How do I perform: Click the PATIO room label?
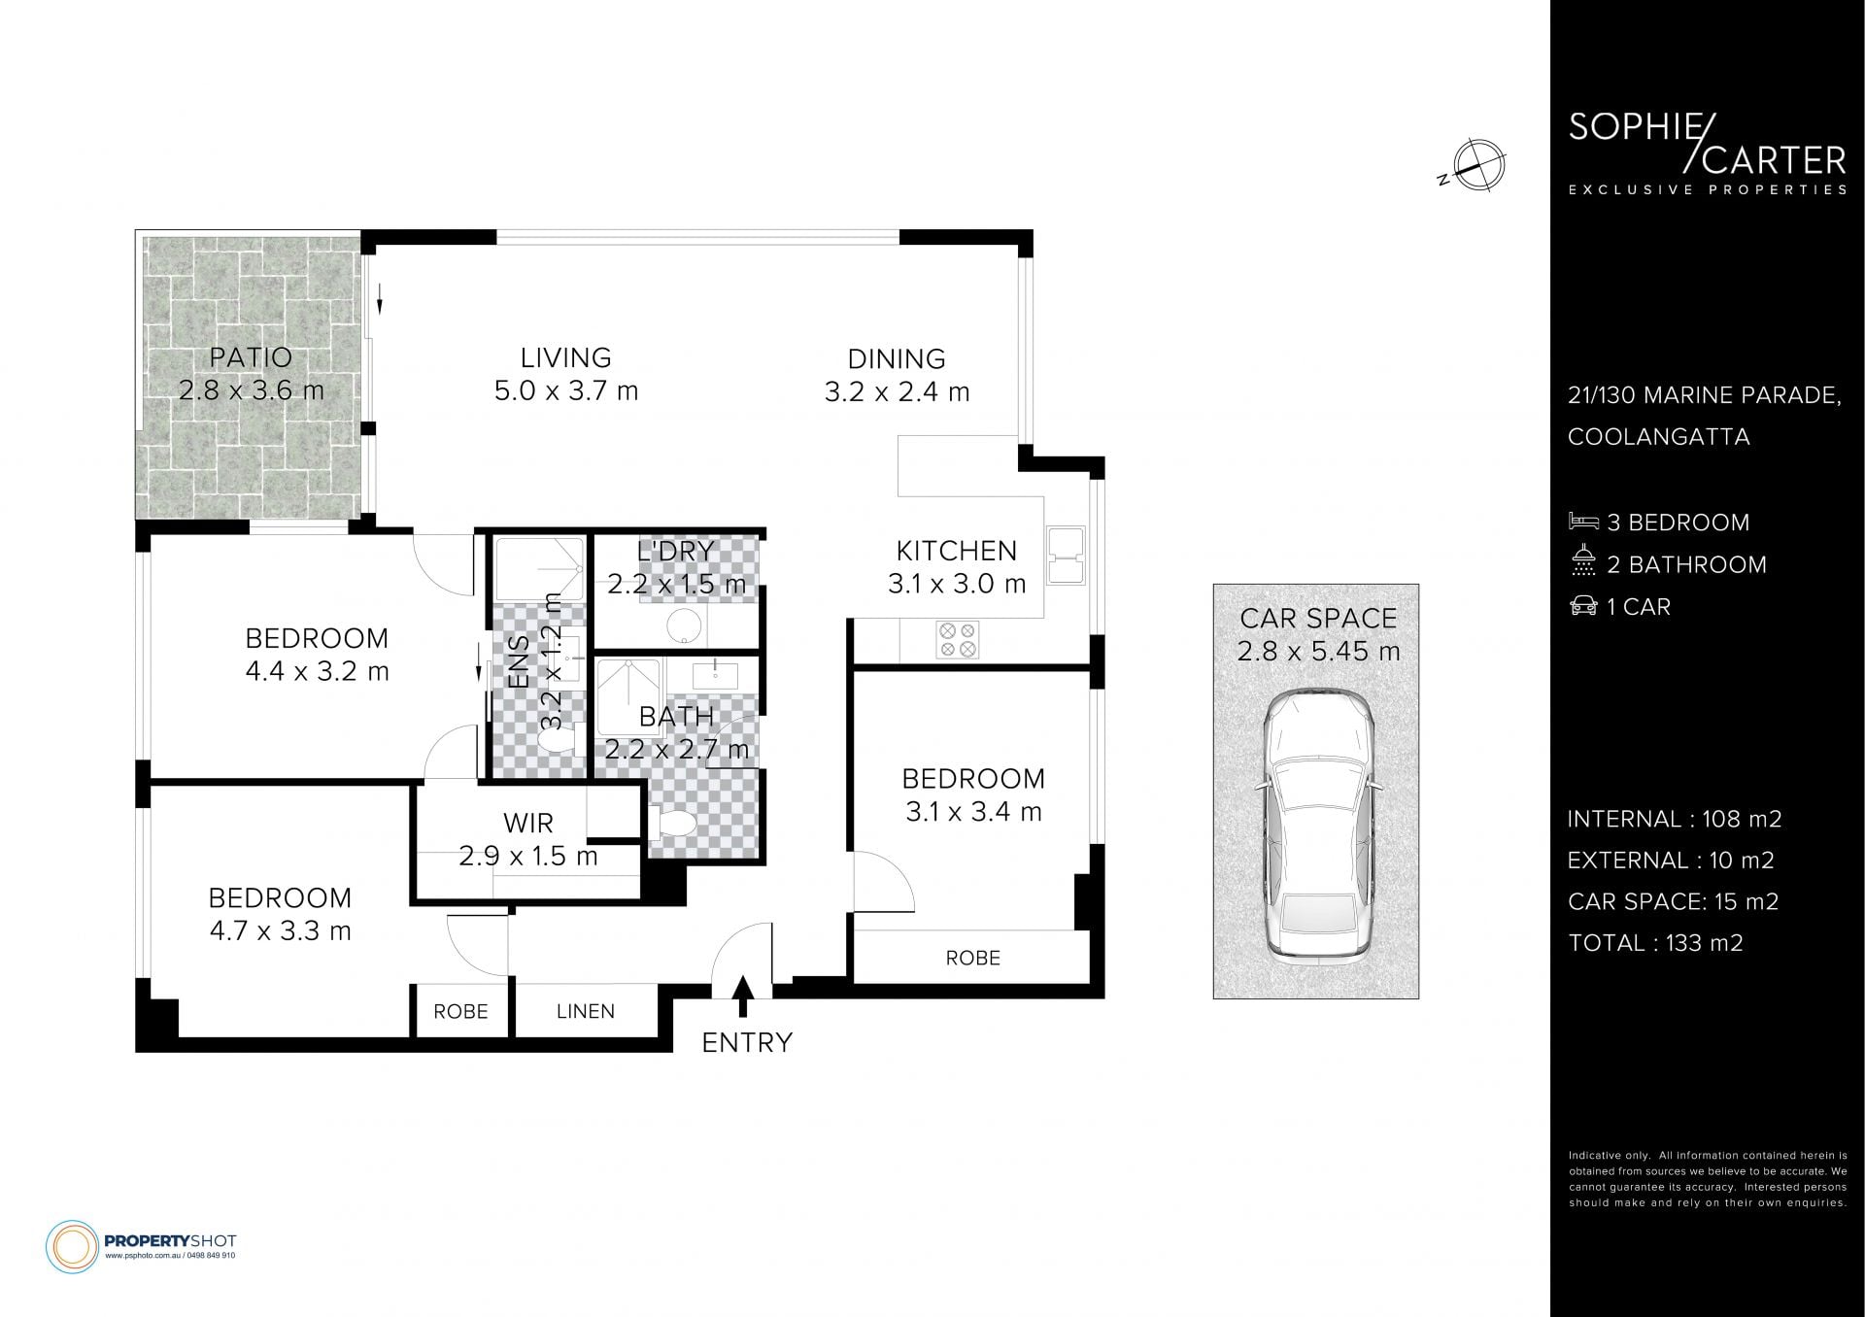tap(251, 374)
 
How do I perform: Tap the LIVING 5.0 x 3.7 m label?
tap(565, 374)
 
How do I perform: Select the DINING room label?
tap(897, 375)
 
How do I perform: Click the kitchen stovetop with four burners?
tap(957, 640)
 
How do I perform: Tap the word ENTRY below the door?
tap(747, 1042)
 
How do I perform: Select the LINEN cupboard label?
tap(586, 1011)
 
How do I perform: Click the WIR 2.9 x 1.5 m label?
tap(528, 839)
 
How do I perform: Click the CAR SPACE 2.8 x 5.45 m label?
tap(1318, 634)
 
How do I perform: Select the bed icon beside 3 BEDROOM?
tap(1583, 522)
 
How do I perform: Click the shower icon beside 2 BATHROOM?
tap(1583, 562)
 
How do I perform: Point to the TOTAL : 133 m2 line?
tap(1655, 942)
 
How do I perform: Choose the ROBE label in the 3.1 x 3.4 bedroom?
tap(972, 958)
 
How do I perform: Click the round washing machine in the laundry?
tap(687, 626)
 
